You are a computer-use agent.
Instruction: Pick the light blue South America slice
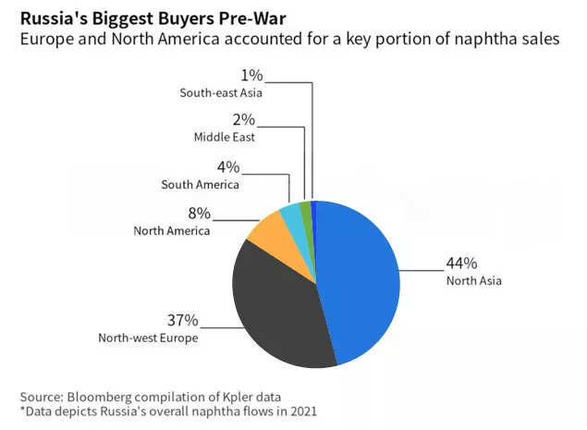[290, 215]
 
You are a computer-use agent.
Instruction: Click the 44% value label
[460, 264]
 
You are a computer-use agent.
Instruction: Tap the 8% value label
[198, 214]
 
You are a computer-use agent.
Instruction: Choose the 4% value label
[227, 167]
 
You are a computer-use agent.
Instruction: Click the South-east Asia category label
[222, 92]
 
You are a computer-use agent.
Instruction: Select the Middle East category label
[224, 137]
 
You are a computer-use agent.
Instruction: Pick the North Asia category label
[473, 280]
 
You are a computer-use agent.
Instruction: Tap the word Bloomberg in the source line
[103, 395]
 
